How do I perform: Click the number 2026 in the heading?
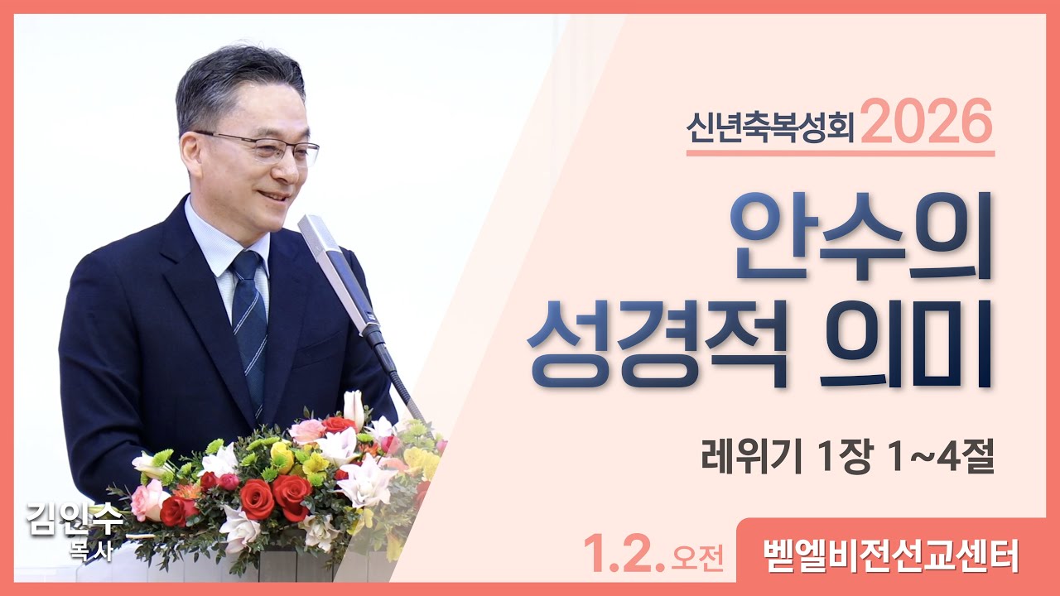[927, 122]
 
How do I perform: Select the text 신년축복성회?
[771, 128]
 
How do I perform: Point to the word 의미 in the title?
[906, 348]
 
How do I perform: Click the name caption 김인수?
[75, 520]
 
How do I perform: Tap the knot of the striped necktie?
[247, 267]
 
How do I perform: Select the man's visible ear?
[190, 153]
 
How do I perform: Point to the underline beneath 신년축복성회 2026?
[841, 153]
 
